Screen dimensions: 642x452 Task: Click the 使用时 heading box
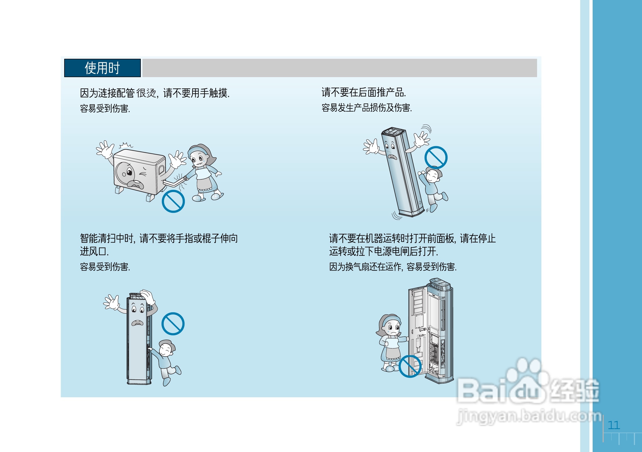[102, 68]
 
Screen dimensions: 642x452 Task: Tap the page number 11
[614, 425]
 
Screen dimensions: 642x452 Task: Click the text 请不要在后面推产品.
[364, 92]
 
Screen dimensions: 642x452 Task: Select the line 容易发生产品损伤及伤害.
[367, 108]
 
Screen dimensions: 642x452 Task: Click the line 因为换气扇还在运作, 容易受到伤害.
[392, 267]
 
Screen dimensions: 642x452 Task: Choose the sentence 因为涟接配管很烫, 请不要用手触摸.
[155, 93]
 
